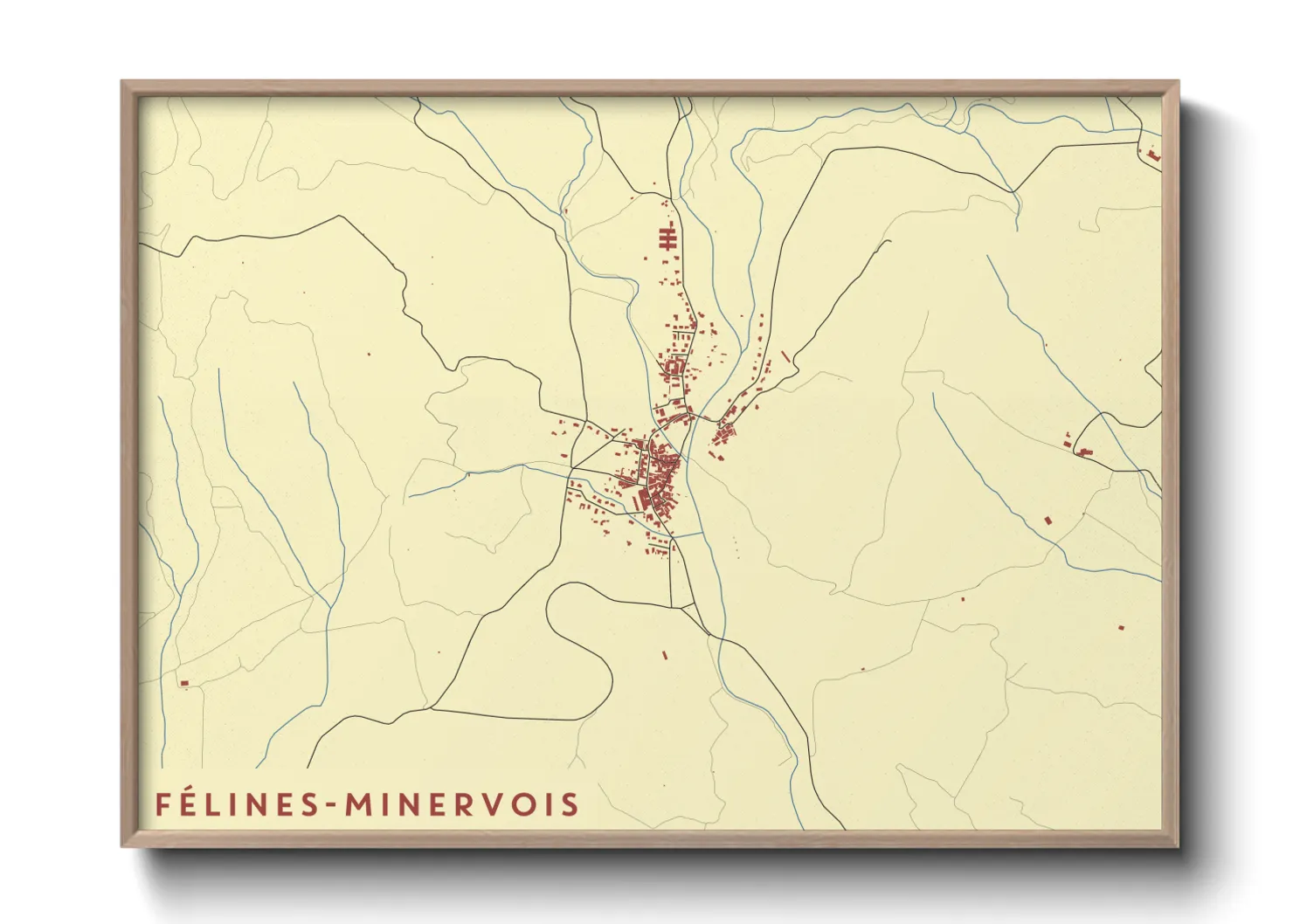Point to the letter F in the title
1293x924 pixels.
(162, 804)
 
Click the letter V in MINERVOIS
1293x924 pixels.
(494, 804)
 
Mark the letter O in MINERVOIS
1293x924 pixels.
(522, 804)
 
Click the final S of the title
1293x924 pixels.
(570, 804)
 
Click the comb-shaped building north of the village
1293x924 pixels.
(668, 237)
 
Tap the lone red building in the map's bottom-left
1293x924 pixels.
(183, 683)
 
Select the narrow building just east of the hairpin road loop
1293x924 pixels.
(665, 654)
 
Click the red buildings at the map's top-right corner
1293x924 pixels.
(1153, 155)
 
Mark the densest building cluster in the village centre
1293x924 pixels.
(657, 476)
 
